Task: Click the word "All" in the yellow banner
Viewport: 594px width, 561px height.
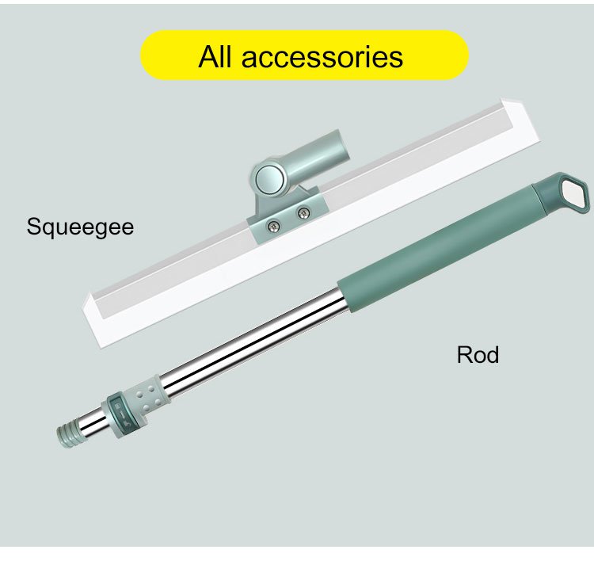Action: [216, 56]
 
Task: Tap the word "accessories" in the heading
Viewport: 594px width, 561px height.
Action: [322, 56]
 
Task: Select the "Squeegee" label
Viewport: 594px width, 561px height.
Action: [80, 227]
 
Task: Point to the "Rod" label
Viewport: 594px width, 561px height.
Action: [478, 354]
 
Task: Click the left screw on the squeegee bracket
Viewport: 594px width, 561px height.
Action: [272, 227]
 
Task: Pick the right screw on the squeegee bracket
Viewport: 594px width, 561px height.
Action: [303, 212]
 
